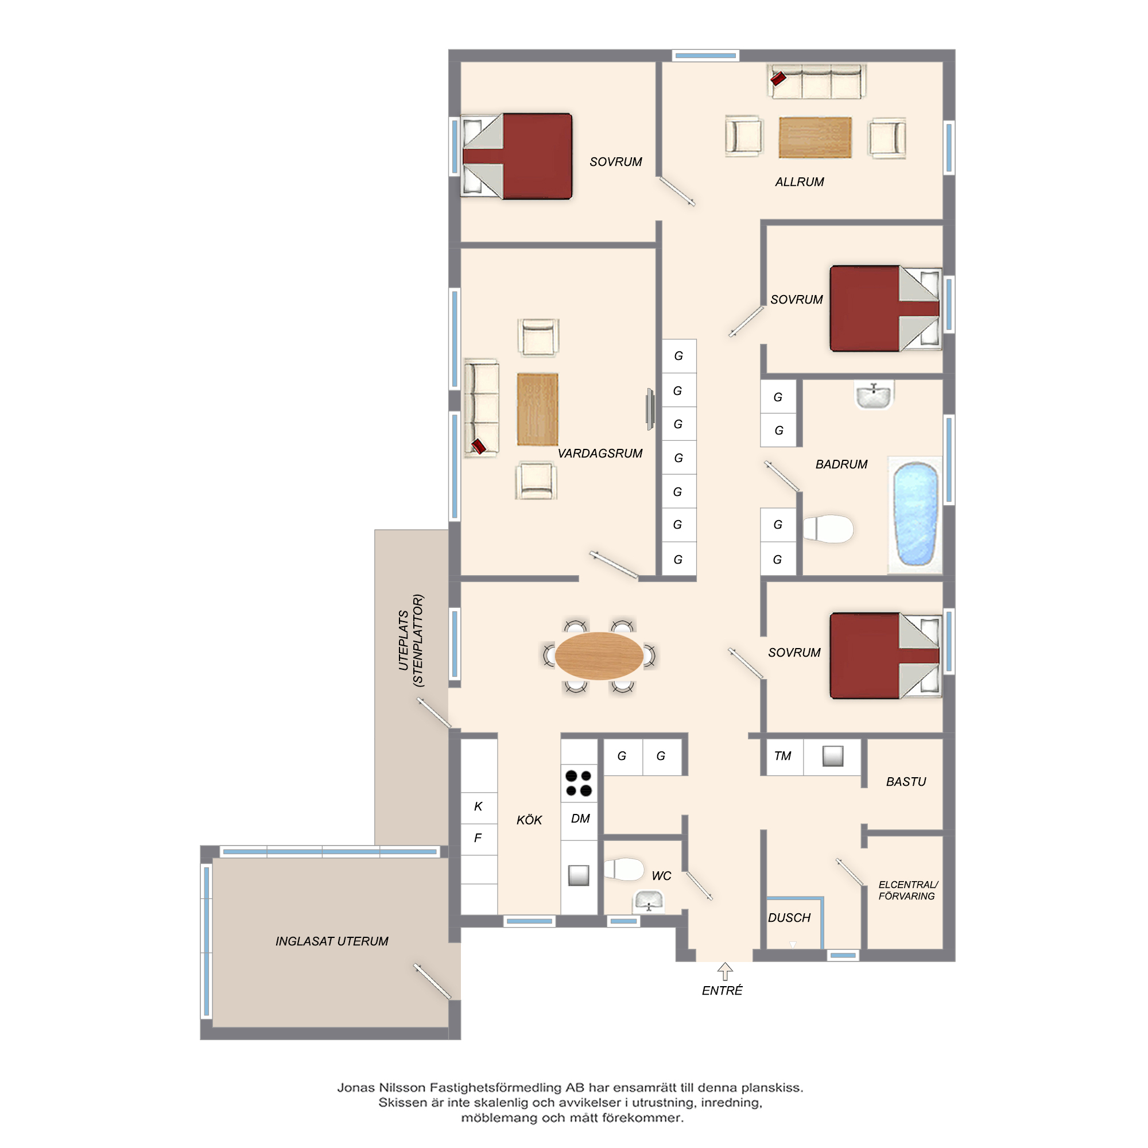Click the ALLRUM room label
[x=799, y=182]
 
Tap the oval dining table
[x=599, y=656]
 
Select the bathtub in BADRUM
[x=915, y=514]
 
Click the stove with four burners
[x=579, y=782]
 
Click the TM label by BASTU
[x=782, y=756]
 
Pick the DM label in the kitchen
[x=580, y=819]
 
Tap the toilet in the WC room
[x=624, y=868]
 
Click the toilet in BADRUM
[x=828, y=529]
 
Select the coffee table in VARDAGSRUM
[x=537, y=409]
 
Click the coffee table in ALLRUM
[x=815, y=137]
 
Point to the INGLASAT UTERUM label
[x=332, y=941]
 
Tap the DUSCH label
[x=789, y=918]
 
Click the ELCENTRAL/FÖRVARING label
[x=907, y=890]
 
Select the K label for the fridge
[x=478, y=806]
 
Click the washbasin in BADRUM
[x=874, y=395]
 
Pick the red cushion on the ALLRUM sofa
[x=778, y=78]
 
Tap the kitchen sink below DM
[x=578, y=875]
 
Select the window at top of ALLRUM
[x=706, y=56]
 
